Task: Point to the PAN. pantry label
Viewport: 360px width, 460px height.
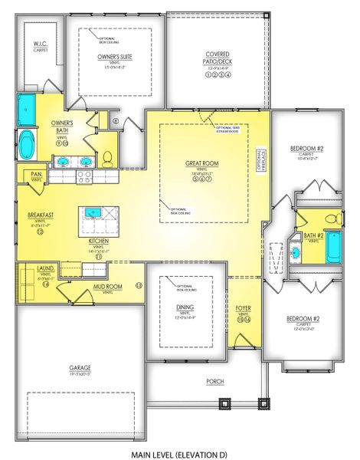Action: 37,175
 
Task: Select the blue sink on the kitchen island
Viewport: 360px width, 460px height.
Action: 95,212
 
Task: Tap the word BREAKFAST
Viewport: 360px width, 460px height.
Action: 41,216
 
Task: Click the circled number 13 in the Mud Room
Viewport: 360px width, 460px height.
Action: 139,284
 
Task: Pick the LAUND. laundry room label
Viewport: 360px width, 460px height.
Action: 45,268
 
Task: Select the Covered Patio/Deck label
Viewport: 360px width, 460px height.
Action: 218,58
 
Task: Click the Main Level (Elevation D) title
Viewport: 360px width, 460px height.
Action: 179,434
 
